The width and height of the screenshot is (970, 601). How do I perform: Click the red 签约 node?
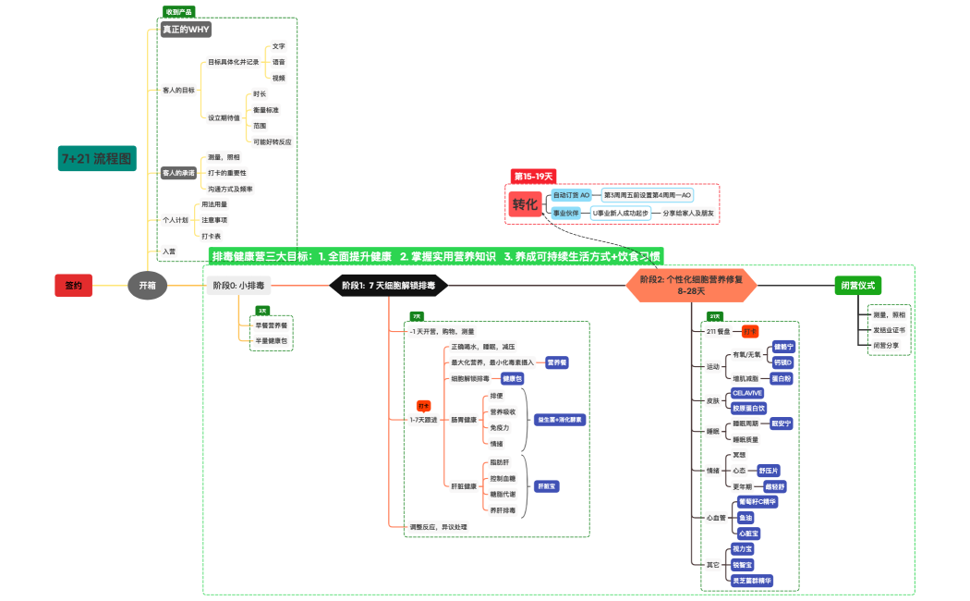pos(73,286)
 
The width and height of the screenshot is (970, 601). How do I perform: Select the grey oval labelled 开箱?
pos(147,286)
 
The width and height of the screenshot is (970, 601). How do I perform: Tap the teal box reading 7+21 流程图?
pos(96,158)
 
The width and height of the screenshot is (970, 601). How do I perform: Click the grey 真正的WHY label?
pos(186,30)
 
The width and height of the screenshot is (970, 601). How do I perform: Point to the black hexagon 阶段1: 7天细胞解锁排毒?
pos(388,286)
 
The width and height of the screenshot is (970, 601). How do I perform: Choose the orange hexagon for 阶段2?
pos(691,285)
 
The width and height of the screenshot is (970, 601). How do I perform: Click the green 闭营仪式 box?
pos(857,285)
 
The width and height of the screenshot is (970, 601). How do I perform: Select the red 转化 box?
pos(524,204)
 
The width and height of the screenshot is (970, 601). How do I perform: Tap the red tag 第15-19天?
pos(533,176)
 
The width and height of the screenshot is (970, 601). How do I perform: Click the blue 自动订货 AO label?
pos(571,196)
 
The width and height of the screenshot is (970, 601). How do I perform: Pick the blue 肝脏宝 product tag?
pos(547,485)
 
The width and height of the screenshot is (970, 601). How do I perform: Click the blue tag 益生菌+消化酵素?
pos(561,420)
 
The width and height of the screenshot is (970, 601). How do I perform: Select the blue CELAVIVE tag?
pos(747,393)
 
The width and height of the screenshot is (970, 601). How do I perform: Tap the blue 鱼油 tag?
pos(746,518)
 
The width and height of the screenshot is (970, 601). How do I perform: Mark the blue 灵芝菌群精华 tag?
pos(751,581)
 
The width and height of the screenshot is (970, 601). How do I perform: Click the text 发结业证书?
pos(889,329)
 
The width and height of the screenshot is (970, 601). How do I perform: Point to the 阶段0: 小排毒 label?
pos(238,286)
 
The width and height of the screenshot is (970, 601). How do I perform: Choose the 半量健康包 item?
pos(272,340)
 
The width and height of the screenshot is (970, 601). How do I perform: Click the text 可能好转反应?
pos(272,141)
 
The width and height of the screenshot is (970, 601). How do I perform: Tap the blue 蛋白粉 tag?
pos(782,378)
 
